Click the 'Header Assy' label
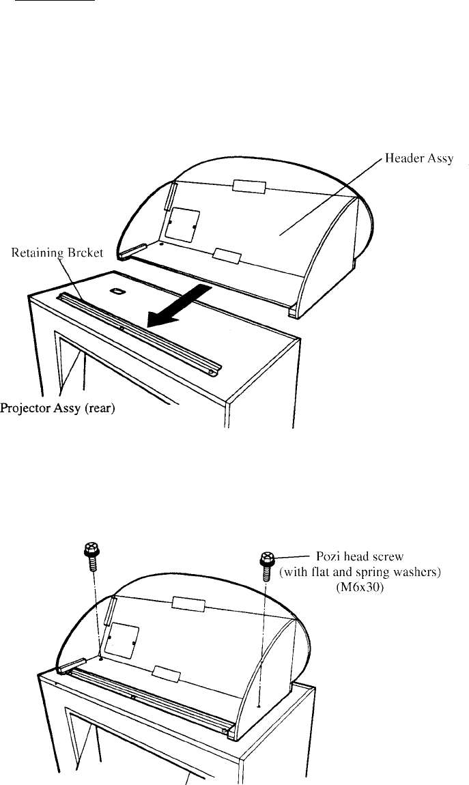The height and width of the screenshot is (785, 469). click(x=419, y=159)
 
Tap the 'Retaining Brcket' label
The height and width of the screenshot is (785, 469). click(x=57, y=253)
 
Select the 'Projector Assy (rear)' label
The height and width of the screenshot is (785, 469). click(x=57, y=408)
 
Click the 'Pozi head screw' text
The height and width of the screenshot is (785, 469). click(x=359, y=556)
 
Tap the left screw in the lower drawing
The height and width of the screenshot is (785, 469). click(x=91, y=556)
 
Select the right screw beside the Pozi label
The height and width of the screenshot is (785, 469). click(x=267, y=566)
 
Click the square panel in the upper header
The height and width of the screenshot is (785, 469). click(x=183, y=226)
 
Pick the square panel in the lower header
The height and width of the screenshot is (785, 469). click(x=121, y=640)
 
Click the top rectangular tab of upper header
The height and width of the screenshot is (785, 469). click(x=248, y=187)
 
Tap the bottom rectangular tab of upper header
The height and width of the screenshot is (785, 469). click(x=227, y=255)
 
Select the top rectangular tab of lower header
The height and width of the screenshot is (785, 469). click(x=188, y=604)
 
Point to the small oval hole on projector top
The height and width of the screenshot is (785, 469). click(x=117, y=291)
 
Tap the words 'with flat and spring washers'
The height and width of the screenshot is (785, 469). click(x=360, y=572)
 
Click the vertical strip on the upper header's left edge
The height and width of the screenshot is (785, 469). click(x=170, y=197)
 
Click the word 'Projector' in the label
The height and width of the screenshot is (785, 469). click(x=23, y=408)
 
